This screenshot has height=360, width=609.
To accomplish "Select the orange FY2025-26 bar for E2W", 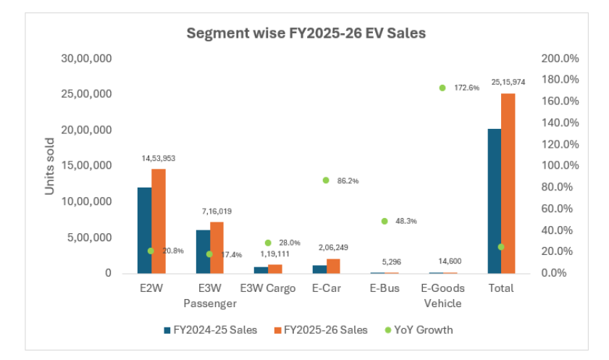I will click(x=159, y=221).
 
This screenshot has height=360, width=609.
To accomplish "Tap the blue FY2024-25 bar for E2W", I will click(x=144, y=230).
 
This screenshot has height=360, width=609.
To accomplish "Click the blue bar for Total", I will click(x=494, y=201).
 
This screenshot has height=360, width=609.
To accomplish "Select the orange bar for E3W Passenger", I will click(x=217, y=247).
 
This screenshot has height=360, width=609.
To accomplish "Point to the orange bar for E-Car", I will click(x=333, y=266).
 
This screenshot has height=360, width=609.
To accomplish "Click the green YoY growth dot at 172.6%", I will click(x=442, y=88).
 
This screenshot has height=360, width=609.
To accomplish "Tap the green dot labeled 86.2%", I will click(x=326, y=180).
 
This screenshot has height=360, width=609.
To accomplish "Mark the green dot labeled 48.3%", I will click(x=385, y=221).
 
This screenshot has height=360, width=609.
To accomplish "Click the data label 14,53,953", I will click(x=159, y=157).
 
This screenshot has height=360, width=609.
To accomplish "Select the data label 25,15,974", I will click(x=509, y=82).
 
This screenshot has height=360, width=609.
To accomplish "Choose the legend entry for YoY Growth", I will click(x=419, y=330).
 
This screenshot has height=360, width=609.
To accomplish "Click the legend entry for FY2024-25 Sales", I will click(x=210, y=330).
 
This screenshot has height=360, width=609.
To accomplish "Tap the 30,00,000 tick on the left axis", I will click(x=86, y=58).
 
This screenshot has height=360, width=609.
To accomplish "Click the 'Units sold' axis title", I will click(x=50, y=166).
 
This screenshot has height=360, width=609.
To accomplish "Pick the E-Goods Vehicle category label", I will click(x=442, y=295).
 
